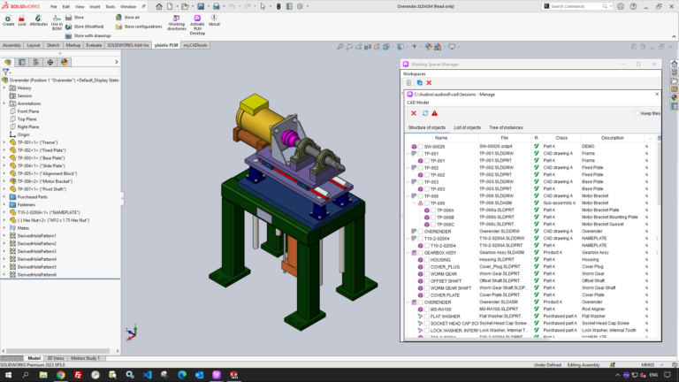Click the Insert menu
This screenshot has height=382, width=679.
95,5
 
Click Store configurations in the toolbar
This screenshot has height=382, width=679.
137,27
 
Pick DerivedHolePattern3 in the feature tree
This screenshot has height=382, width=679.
38,251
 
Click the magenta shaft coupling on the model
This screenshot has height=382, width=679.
294,136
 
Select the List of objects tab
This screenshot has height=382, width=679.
468,128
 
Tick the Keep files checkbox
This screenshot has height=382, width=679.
637,113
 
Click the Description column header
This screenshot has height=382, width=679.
612,137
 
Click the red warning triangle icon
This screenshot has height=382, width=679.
435,113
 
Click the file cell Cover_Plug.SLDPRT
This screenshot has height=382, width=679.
502,266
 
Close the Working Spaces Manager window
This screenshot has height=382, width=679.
655,65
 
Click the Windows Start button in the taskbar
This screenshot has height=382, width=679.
7,375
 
